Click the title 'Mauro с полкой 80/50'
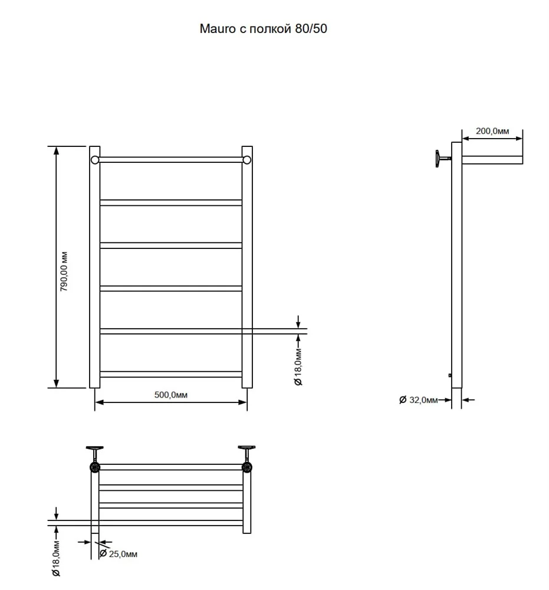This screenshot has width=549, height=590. (x=263, y=28)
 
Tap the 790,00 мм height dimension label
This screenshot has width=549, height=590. (x=64, y=271)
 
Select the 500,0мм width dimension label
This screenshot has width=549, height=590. (x=171, y=395)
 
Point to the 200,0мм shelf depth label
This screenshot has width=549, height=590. (x=492, y=131)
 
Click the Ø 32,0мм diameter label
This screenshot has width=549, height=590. (x=419, y=400)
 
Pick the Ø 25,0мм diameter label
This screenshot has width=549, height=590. (x=118, y=554)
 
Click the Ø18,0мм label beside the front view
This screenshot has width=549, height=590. (x=298, y=367)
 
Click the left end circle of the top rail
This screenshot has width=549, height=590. (x=95, y=160)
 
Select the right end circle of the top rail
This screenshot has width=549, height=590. (x=246, y=160)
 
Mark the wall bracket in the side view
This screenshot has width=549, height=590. (x=443, y=158)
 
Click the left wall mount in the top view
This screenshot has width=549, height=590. (x=95, y=459)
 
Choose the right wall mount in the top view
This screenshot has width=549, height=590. (x=246, y=459)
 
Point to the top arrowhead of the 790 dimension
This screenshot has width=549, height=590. (x=57, y=150)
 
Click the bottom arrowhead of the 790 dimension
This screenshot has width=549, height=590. (x=57, y=384)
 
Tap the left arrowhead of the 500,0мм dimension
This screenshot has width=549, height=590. (x=99, y=402)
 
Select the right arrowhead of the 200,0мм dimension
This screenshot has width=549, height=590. (x=518, y=139)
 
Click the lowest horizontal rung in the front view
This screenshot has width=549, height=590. (x=171, y=375)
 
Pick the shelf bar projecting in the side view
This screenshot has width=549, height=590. (x=492, y=160)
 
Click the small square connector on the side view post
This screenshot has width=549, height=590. (x=450, y=375)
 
